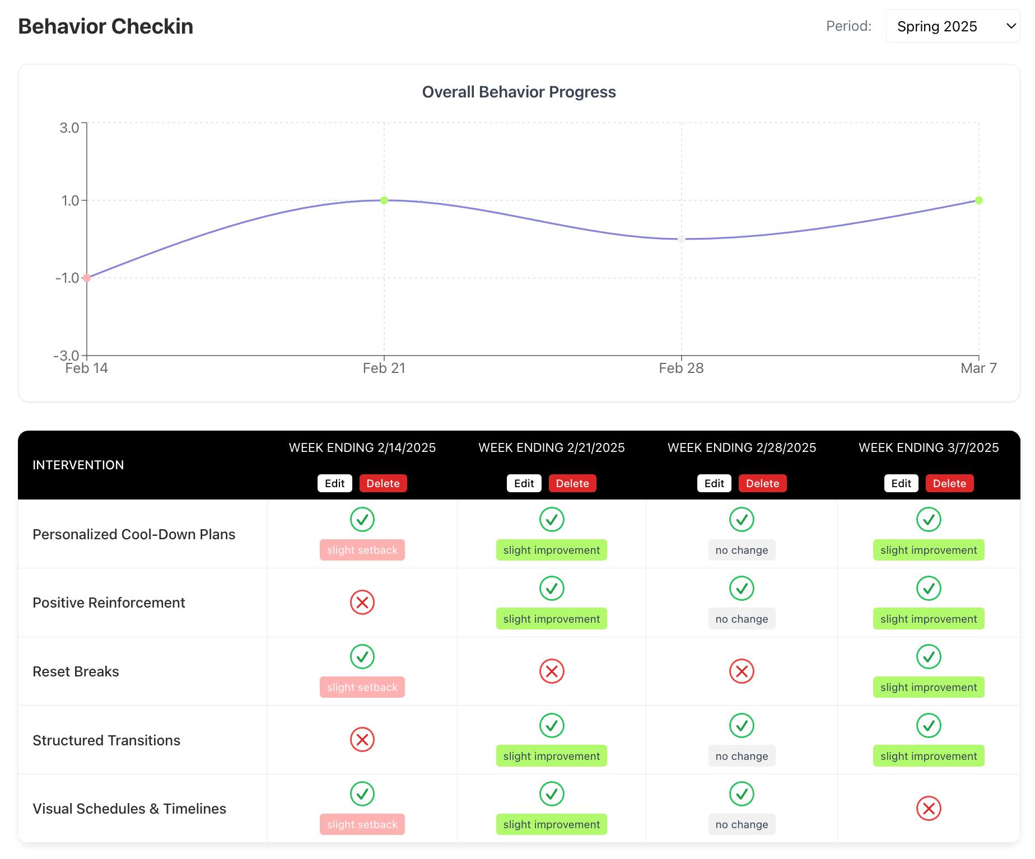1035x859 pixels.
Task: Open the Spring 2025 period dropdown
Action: coord(953,26)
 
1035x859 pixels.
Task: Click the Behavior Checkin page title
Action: coord(106,26)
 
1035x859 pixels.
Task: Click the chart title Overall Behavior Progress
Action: coord(519,92)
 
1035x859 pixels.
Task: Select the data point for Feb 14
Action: coord(87,278)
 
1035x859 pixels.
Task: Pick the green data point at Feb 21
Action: coord(384,200)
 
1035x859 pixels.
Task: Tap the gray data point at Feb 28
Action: coord(682,239)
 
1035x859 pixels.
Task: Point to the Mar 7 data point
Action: coord(979,200)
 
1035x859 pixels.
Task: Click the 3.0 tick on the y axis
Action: coord(69,128)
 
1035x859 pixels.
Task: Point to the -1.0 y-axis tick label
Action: coord(67,278)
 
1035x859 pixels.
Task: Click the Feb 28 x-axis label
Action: coord(681,368)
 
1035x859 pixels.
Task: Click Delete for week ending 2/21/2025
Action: coord(572,483)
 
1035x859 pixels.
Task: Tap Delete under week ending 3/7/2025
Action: coord(949,483)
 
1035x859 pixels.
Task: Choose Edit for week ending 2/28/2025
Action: coord(714,483)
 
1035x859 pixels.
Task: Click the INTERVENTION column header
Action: coord(78,465)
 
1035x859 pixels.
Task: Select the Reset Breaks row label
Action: coord(76,671)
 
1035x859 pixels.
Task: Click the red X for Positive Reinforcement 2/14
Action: coord(362,603)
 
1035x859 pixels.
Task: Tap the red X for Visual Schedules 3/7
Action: coord(929,809)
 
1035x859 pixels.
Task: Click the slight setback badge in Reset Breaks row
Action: coord(362,687)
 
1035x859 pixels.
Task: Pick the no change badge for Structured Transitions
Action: coord(742,756)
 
